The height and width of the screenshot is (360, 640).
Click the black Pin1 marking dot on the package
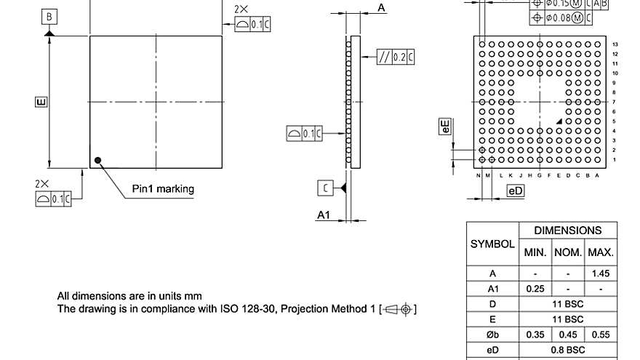coord(97,160)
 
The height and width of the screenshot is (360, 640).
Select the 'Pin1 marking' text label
coord(163,189)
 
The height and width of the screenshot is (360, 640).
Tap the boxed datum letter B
coord(49,16)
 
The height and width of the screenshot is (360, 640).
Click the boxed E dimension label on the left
coord(41,102)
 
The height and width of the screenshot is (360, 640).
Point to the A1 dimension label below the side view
coord(324,215)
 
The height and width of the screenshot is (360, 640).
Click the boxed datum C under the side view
coord(327,188)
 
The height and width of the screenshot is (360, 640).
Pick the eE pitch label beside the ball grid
coord(446,126)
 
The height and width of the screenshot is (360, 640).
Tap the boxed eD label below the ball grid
coord(516,191)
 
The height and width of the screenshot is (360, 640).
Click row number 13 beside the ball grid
coord(615,44)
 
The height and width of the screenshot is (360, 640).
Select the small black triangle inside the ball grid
coord(559,121)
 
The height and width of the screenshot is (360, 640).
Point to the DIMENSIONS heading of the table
coord(568,231)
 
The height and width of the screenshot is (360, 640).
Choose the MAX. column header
coord(601,253)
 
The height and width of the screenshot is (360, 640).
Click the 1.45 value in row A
coord(601,273)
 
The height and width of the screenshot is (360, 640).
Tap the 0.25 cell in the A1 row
coord(535,289)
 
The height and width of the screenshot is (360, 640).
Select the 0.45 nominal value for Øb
coord(568,335)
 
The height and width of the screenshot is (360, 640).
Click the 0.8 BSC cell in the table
coord(568,350)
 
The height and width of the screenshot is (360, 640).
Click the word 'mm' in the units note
coord(193,296)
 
